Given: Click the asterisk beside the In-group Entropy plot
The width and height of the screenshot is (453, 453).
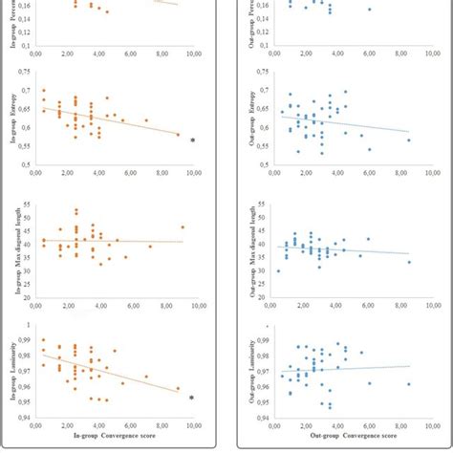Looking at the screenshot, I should [192, 140].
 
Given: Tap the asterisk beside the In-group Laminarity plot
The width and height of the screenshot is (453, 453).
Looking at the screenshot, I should [192, 398].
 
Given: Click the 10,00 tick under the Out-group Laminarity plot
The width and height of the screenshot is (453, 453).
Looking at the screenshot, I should [427, 426].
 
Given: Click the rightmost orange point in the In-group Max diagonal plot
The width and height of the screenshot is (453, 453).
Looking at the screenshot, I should [183, 227].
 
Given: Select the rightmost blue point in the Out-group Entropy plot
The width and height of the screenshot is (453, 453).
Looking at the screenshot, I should [409, 140].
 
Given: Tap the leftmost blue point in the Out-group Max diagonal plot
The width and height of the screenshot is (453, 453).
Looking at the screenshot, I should [278, 270].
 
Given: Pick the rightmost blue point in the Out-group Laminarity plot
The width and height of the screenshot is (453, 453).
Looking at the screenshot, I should [409, 384].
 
